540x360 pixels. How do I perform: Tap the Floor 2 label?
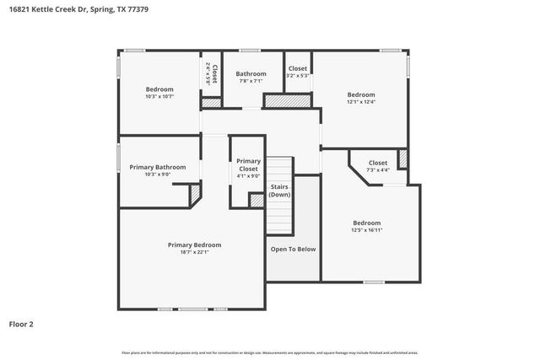[x=21, y=323]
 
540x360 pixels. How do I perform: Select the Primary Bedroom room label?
[x=194, y=244]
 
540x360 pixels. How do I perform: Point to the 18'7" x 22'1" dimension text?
[x=194, y=252]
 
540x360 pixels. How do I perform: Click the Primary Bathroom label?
[x=158, y=167]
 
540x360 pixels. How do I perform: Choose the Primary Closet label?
[x=248, y=165]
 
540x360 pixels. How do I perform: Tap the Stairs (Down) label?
[x=279, y=191]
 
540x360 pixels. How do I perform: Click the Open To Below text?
[x=293, y=249]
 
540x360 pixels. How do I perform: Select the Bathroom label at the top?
[x=251, y=73]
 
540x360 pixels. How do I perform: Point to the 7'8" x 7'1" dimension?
[x=251, y=81]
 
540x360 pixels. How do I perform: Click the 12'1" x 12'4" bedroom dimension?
[x=361, y=102]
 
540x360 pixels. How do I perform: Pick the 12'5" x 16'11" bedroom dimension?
[x=367, y=230]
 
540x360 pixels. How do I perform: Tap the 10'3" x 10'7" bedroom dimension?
[x=159, y=97]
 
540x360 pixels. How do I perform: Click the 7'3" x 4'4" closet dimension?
[x=378, y=169]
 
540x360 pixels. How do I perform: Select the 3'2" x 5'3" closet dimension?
[x=298, y=75]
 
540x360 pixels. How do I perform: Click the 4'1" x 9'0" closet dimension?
[x=248, y=176]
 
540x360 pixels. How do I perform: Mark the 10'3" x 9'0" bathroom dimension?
[x=158, y=175]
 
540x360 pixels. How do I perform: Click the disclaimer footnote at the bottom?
[x=270, y=352]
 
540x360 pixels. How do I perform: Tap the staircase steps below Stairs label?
[x=279, y=219]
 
